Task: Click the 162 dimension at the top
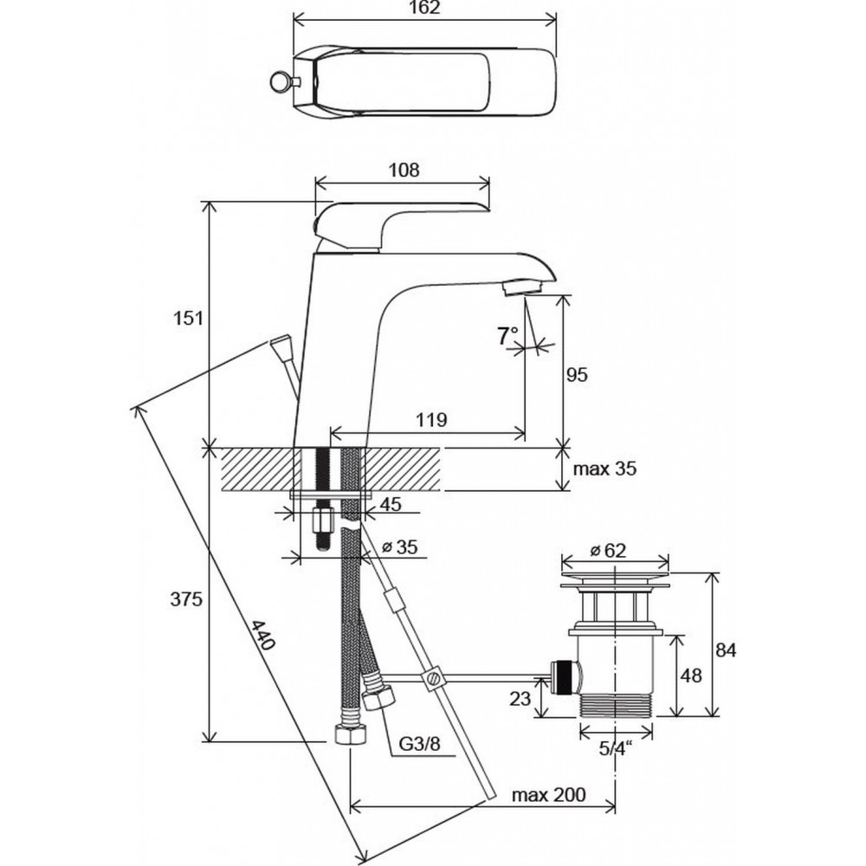point(426,7)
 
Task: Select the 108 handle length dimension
point(404,170)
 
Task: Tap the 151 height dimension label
point(189,318)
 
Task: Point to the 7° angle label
point(507,336)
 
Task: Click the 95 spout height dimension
point(577,374)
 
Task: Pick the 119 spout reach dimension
point(431,420)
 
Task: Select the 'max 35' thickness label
point(604,469)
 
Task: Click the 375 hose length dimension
point(186,599)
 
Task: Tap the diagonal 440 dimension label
point(263,635)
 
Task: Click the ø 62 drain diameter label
point(608,550)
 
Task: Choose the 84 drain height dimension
point(726,650)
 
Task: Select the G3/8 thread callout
point(420,744)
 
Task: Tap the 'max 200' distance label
point(548,795)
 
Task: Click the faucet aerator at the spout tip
point(522,288)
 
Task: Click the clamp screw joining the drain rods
point(431,678)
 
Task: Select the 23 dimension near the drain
point(520,699)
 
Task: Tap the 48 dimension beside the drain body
point(691,675)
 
